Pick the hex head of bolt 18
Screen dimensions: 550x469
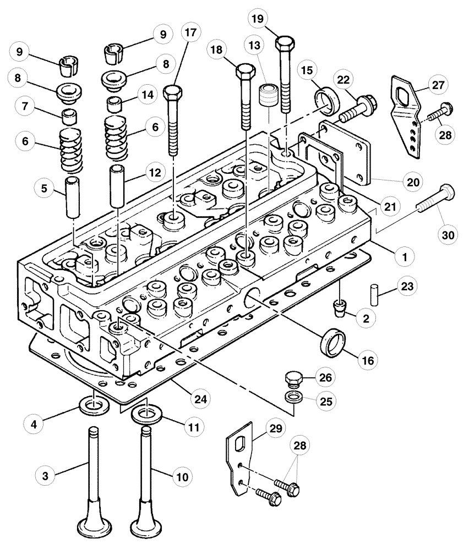tap(244, 72)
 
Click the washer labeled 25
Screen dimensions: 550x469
tap(293, 398)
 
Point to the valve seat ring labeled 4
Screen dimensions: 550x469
tap(95, 407)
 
